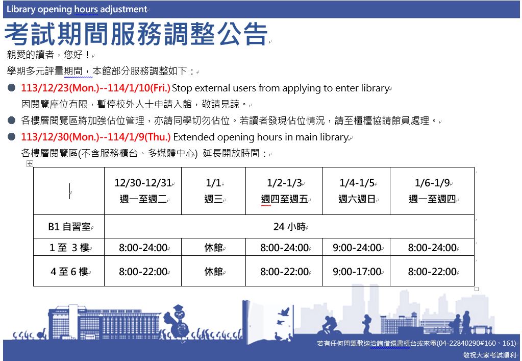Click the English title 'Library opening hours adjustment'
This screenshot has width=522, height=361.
click(x=77, y=9)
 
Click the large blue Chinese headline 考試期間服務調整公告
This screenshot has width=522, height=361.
click(x=136, y=34)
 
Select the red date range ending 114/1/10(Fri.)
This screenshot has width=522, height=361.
click(x=95, y=88)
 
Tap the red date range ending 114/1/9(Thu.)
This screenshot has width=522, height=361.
click(x=96, y=137)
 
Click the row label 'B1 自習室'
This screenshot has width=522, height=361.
click(x=69, y=227)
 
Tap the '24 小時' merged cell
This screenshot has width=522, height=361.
click(x=289, y=227)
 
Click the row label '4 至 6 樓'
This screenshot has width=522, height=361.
click(x=69, y=272)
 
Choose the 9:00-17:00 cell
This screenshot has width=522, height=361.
click(x=357, y=272)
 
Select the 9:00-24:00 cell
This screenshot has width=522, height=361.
click(x=357, y=248)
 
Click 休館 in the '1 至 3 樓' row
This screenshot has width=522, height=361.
click(x=213, y=248)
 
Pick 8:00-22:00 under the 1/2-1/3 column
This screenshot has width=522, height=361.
click(x=284, y=272)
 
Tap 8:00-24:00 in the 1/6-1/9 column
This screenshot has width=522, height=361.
click(x=432, y=248)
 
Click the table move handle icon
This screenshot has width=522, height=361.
click(x=30, y=163)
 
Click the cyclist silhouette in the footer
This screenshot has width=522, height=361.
click(x=329, y=325)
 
